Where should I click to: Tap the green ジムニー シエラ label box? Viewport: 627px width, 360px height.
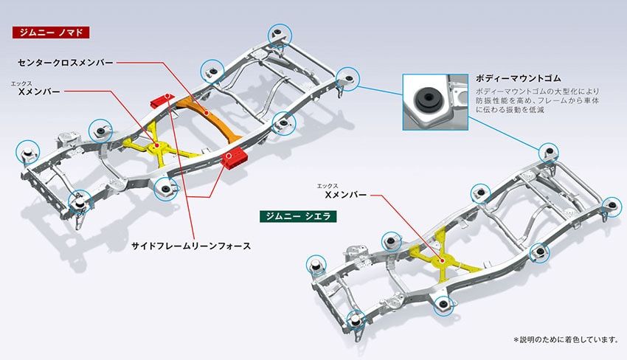point(299,216)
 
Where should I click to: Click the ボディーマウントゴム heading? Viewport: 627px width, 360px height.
point(519,77)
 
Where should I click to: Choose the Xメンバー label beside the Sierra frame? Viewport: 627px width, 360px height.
point(345,195)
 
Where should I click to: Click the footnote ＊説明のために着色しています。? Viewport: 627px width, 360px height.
point(565,339)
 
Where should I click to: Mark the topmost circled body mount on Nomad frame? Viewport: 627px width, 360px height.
point(280,33)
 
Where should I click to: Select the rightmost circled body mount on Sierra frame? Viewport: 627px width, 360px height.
point(609,206)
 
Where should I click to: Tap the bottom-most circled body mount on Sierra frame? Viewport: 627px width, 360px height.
point(356,319)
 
